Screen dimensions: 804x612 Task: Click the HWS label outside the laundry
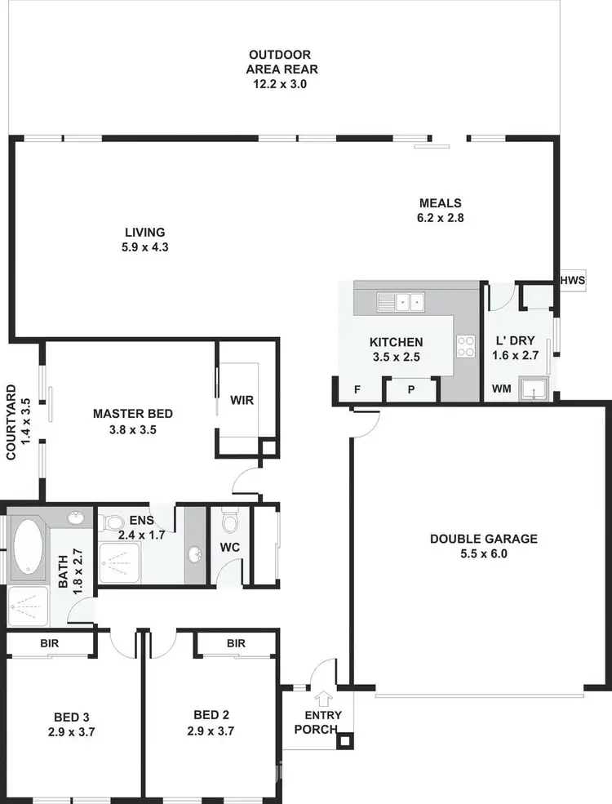(573, 281)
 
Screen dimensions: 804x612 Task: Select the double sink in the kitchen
(400, 302)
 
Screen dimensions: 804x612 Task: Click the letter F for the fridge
(357, 389)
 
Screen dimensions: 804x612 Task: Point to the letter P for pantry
(411, 389)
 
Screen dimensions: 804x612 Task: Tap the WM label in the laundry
(502, 389)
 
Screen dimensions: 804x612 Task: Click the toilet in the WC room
(229, 520)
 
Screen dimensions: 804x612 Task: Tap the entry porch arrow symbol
(324, 698)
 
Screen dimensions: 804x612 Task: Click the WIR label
(242, 401)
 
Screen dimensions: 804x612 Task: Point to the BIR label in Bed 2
(236, 644)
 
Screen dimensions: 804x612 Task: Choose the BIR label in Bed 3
(49, 644)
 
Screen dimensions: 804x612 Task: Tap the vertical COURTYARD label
(19, 422)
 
